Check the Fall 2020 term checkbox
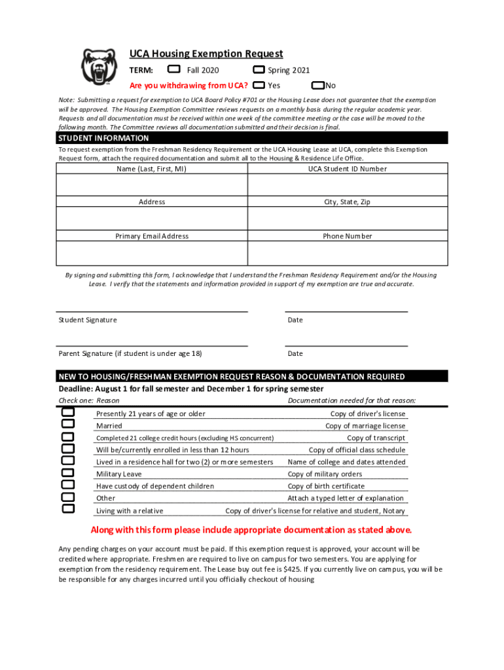click(173, 69)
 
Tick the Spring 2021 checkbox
click(259, 70)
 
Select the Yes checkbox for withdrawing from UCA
click(259, 85)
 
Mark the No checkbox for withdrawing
click(317, 85)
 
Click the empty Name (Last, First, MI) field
click(152, 186)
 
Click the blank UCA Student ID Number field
click(347, 186)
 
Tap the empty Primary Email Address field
click(152, 253)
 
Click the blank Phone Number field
click(347, 253)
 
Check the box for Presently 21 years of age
click(68, 413)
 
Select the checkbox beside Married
click(68, 425)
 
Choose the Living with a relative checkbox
click(68, 508)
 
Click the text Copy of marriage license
click(365, 426)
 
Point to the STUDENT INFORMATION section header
click(103, 139)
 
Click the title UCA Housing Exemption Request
click(206, 54)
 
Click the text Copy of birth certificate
click(326, 486)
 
